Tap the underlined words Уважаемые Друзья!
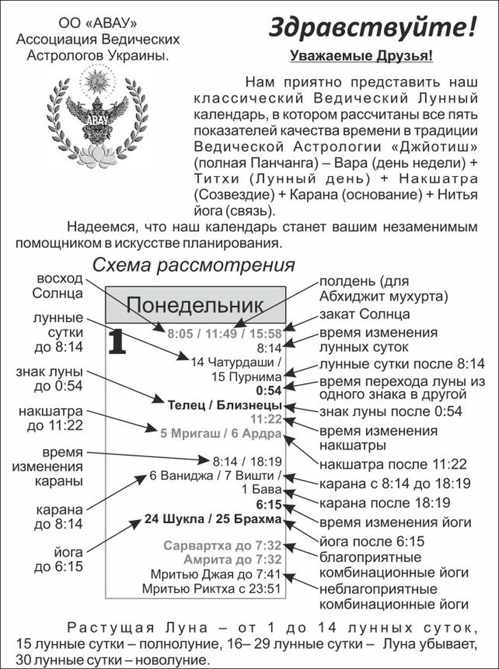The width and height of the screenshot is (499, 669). point(362,56)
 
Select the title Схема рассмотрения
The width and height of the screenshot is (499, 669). point(193,265)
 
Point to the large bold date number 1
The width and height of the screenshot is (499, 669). point(117,342)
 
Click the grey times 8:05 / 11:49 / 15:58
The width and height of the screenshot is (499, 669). point(224,335)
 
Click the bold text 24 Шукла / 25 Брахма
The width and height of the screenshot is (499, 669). point(213,519)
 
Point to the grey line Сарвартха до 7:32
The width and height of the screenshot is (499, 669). point(222,545)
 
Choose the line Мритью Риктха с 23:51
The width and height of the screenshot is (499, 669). point(211,588)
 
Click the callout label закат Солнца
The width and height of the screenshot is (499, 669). point(364,314)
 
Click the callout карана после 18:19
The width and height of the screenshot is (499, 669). point(385,502)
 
